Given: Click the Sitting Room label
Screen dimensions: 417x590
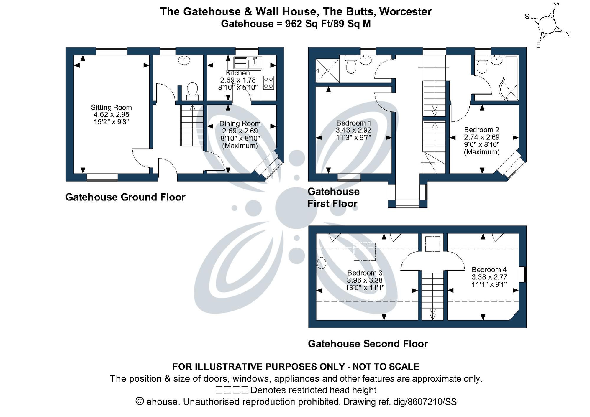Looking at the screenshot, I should [111, 108].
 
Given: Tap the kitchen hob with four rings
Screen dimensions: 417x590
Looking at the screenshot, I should [268, 83].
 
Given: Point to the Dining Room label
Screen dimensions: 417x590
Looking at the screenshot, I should [240, 124].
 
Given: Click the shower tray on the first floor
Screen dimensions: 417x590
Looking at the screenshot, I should [327, 71].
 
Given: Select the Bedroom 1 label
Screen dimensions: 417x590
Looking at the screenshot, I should [354, 123].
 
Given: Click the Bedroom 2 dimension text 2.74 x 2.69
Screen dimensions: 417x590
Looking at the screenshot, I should [481, 137].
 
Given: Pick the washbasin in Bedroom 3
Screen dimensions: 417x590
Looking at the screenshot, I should [321, 263].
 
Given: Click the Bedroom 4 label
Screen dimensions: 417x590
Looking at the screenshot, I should [489, 270].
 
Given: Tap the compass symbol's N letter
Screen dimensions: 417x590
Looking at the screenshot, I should [567, 34].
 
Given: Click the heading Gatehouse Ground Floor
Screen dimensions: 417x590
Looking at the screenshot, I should [125, 197].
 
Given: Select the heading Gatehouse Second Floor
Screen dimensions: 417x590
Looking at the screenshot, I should [368, 344].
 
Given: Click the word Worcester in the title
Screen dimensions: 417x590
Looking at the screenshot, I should [405, 12].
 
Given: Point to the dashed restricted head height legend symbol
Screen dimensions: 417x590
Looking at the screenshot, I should [232, 390].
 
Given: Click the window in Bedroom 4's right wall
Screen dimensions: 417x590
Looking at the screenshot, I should [522, 274].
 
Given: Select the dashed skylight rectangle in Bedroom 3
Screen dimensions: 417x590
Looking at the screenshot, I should [365, 252].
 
